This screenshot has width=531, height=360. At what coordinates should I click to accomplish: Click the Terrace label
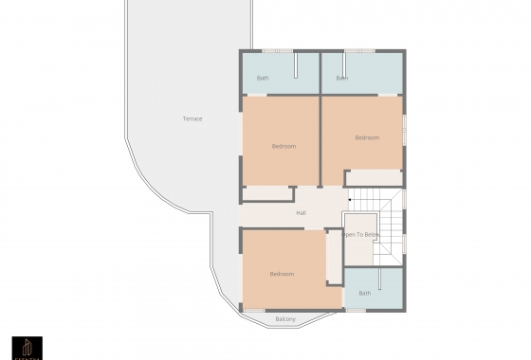click(x=192, y=118)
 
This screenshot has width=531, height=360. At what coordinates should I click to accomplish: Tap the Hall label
click(x=301, y=213)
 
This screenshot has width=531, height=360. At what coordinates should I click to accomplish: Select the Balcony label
click(x=285, y=319)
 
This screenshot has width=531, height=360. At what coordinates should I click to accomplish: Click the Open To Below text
click(x=361, y=234)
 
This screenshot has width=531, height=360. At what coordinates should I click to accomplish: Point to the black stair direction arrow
click(x=349, y=200)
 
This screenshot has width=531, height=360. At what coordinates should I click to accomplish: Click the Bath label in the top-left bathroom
click(x=263, y=78)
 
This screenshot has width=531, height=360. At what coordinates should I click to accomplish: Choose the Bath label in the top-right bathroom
click(x=341, y=78)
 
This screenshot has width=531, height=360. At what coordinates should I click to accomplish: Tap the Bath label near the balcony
click(x=365, y=293)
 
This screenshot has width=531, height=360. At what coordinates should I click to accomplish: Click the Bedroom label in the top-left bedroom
click(x=284, y=146)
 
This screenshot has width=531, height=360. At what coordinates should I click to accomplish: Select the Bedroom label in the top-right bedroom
click(x=367, y=137)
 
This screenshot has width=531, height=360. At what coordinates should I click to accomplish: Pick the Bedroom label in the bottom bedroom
click(x=282, y=274)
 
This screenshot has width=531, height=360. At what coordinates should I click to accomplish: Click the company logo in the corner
click(x=27, y=347)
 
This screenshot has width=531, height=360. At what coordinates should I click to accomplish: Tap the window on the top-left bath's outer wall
click(x=277, y=50)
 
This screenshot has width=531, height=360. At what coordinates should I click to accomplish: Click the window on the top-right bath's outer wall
click(x=358, y=50)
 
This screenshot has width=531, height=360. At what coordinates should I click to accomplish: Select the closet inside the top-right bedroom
click(x=374, y=178)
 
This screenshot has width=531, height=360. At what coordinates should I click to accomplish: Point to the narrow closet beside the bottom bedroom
click(x=334, y=256)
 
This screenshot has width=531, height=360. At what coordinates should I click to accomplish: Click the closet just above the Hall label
click(x=267, y=194)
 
